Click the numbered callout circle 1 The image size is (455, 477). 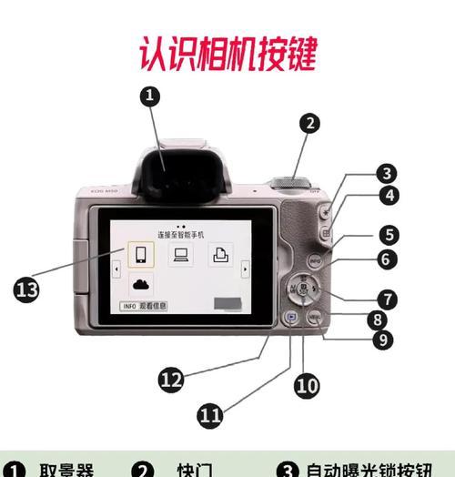pos(150,96)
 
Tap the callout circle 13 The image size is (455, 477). pos(28,289)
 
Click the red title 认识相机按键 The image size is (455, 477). pos(227,52)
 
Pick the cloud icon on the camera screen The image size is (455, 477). pos(140,284)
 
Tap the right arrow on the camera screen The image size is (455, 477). pos(245,269)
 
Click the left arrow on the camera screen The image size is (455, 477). pos(116,269)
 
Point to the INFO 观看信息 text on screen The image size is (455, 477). pos(147,307)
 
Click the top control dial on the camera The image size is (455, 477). pos(291,180)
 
